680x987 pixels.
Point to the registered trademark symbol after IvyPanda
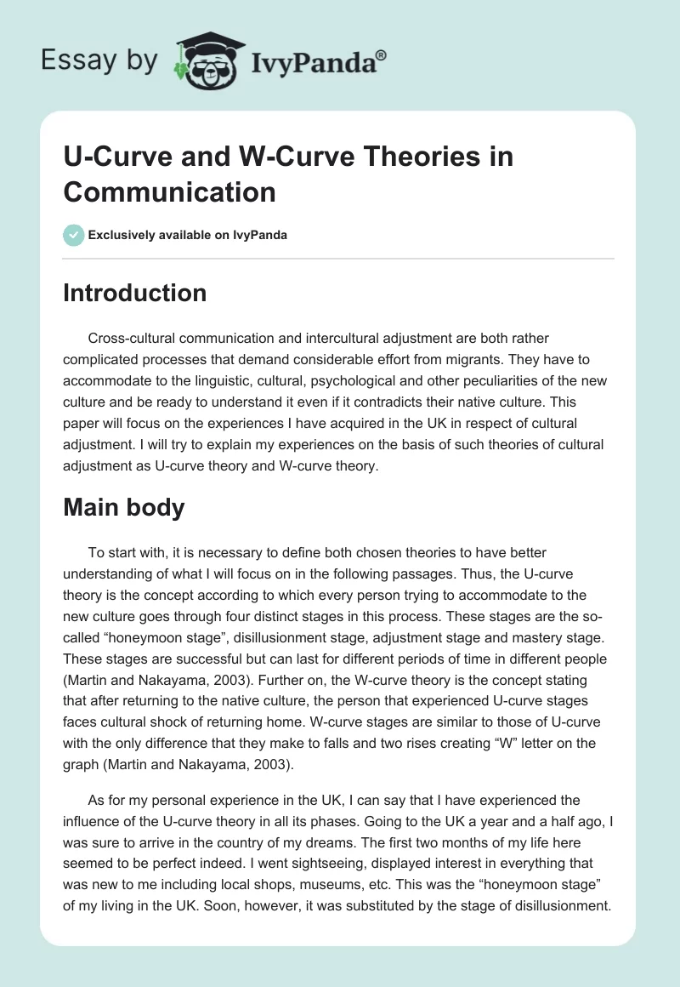click(x=382, y=55)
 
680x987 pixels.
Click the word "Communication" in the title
click(x=170, y=191)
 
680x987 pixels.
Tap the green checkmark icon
click(x=73, y=235)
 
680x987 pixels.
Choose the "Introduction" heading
click(x=135, y=293)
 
